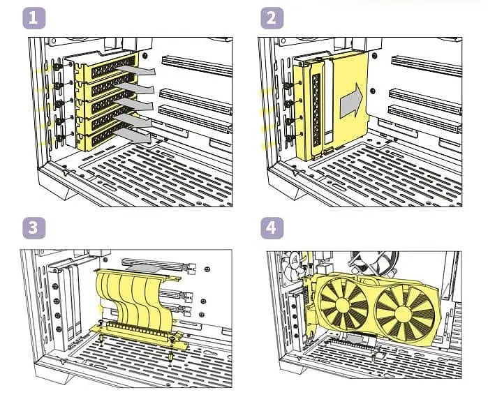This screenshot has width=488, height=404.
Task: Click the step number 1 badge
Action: (x=34, y=18)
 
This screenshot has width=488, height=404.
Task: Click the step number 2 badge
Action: (x=272, y=18)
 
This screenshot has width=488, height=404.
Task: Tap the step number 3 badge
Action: (x=34, y=228)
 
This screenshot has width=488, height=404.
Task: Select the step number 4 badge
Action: (x=272, y=228)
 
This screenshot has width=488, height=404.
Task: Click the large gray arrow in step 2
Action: (x=351, y=100)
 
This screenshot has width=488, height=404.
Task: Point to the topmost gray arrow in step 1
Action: (x=136, y=70)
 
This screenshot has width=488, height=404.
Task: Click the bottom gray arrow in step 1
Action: (x=133, y=136)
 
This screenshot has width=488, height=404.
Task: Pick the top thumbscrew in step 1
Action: (x=57, y=67)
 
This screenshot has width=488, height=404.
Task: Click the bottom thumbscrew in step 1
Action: (x=59, y=138)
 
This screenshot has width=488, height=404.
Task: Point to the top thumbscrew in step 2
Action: (x=288, y=85)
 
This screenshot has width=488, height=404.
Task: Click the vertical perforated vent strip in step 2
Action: (x=316, y=110)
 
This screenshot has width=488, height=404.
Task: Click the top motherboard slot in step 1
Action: (x=197, y=66)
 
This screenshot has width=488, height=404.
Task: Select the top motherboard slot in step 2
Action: (x=427, y=66)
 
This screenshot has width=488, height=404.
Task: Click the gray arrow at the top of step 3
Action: (x=145, y=268)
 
